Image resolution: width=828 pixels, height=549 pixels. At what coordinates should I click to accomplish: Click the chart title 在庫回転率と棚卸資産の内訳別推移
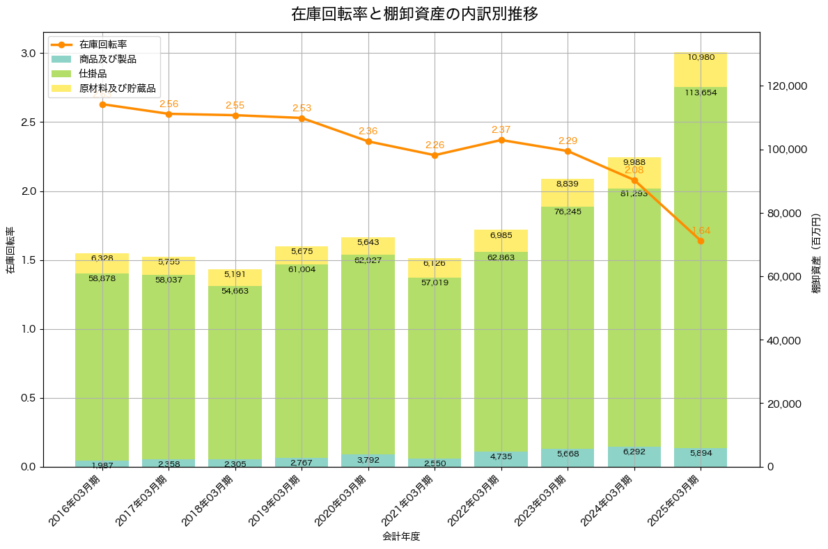(414, 14)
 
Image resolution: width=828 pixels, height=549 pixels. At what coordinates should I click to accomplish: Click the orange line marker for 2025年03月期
(701, 241)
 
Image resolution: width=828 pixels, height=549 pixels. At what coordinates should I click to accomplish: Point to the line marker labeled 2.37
(501, 140)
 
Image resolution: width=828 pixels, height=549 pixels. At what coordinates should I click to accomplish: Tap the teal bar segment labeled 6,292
(634, 456)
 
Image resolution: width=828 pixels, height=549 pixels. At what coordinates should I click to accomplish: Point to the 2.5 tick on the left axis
(28, 122)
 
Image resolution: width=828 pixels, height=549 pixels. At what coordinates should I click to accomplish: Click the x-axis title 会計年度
(401, 536)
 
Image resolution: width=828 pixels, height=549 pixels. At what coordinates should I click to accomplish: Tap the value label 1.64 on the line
(701, 230)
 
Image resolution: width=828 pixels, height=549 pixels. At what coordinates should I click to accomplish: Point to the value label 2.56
(169, 104)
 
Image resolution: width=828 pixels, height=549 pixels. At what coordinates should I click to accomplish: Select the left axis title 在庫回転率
(10, 250)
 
